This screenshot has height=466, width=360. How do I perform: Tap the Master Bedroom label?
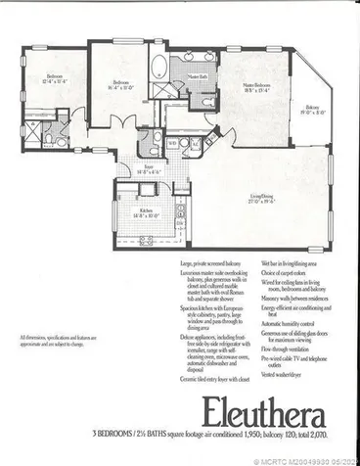pyautogui.click(x=257, y=88)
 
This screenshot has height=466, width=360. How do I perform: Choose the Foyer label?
pyautogui.click(x=151, y=168)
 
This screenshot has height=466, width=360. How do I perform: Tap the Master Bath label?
pyautogui.click(x=197, y=76)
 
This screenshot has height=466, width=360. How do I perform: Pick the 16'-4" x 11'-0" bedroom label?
pyautogui.click(x=122, y=84)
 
